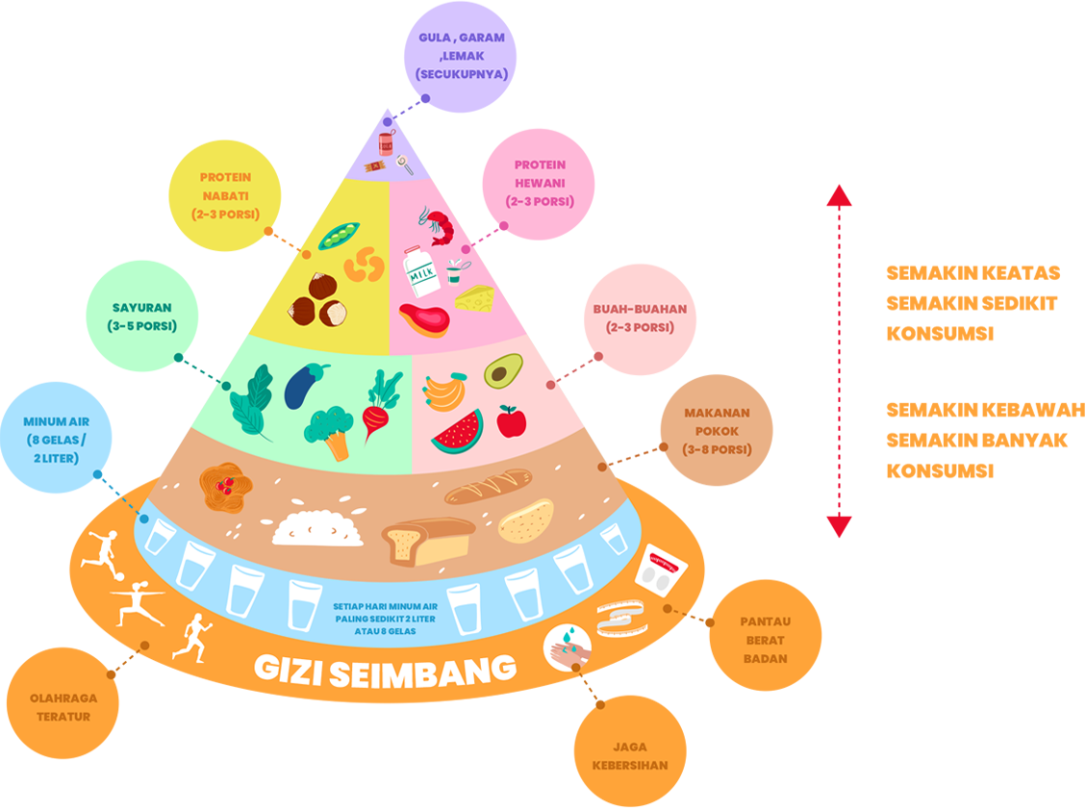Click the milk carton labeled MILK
point(420,270)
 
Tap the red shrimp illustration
point(436,223)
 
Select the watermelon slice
point(458,433)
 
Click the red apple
point(511,420)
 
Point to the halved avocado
point(502,371)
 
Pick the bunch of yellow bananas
point(443,391)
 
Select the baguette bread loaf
point(488,486)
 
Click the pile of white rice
point(316,526)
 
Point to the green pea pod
point(339,234)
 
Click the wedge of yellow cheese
point(474,297)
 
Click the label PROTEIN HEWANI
point(540,183)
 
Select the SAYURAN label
point(140,317)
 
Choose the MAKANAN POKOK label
point(717,431)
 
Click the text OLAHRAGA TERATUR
point(63,707)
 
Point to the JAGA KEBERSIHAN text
point(629,756)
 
